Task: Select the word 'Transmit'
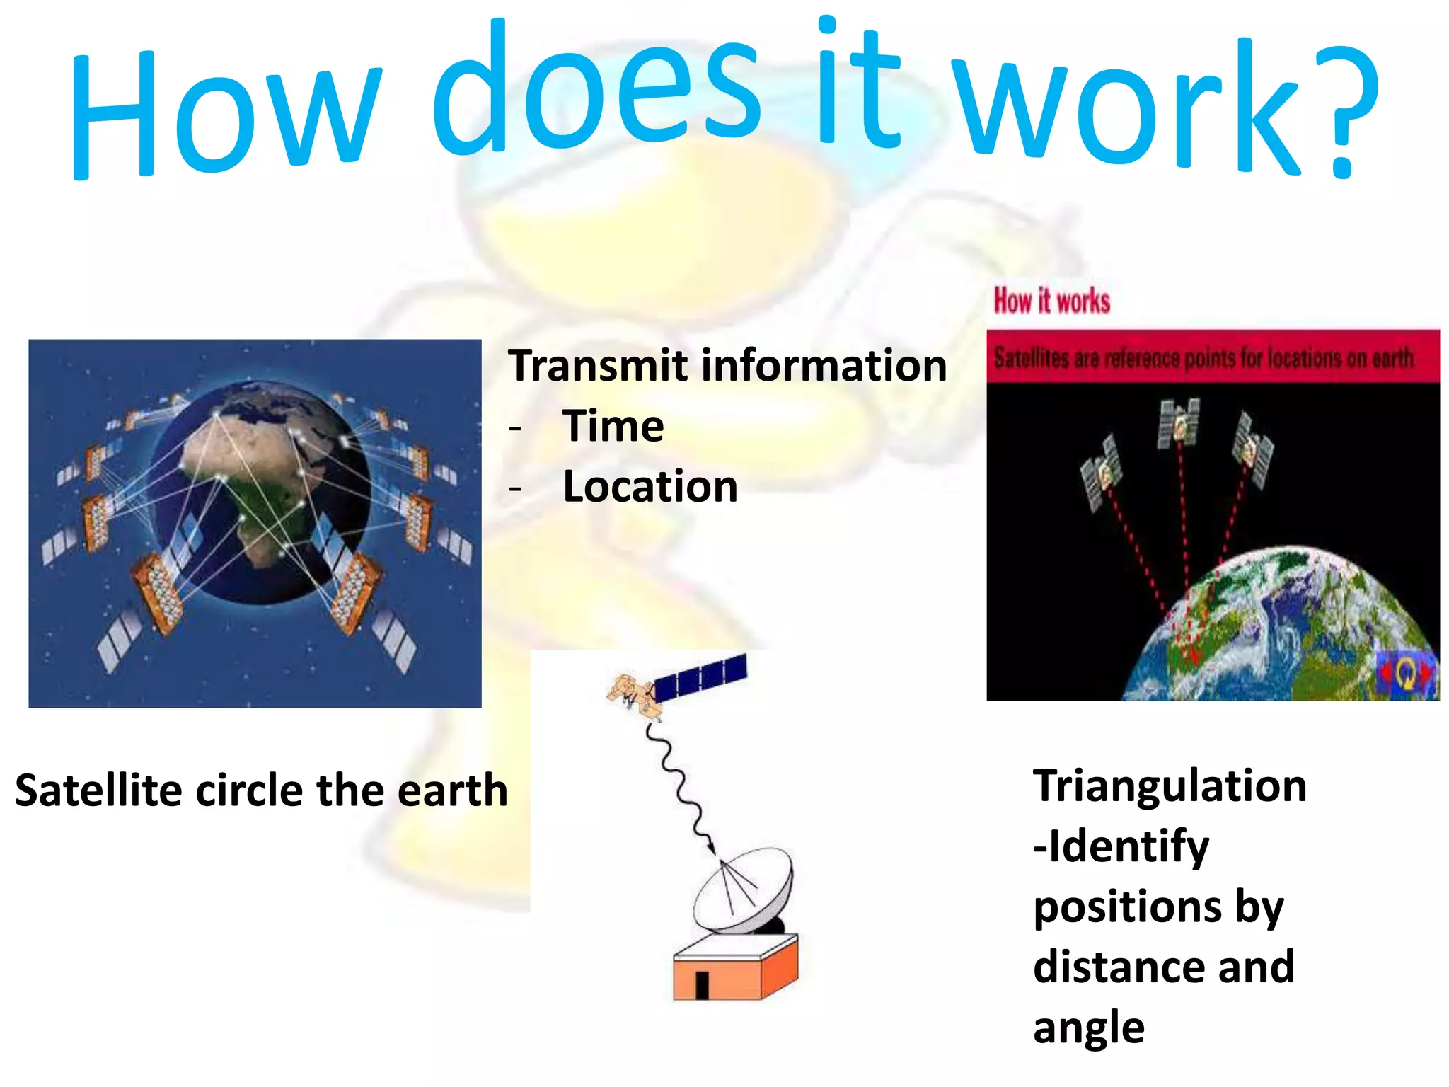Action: (598, 366)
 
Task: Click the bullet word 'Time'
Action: (613, 426)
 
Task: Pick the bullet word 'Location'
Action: (650, 487)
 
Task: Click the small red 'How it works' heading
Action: (1051, 301)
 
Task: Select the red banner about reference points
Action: (1213, 357)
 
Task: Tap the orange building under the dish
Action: (736, 970)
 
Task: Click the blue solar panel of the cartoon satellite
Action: (700, 677)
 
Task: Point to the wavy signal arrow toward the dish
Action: (679, 786)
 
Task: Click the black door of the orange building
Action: (702, 984)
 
